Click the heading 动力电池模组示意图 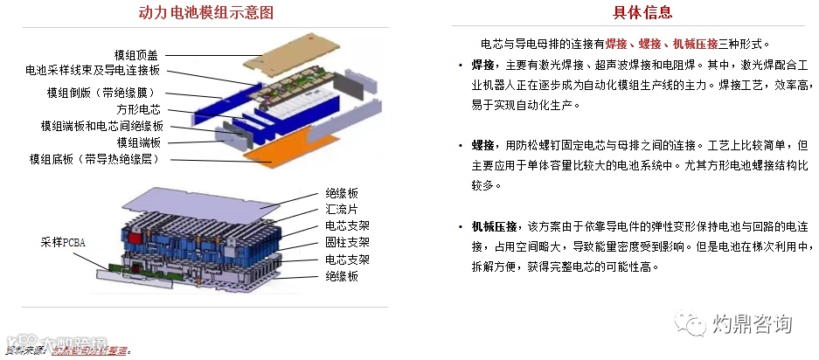coord(206,13)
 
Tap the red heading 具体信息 coord(642,13)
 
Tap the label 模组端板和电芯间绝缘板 coord(101,126)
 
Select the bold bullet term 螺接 coord(482,146)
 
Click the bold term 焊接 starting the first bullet coord(482,65)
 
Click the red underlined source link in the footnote coord(90,350)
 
